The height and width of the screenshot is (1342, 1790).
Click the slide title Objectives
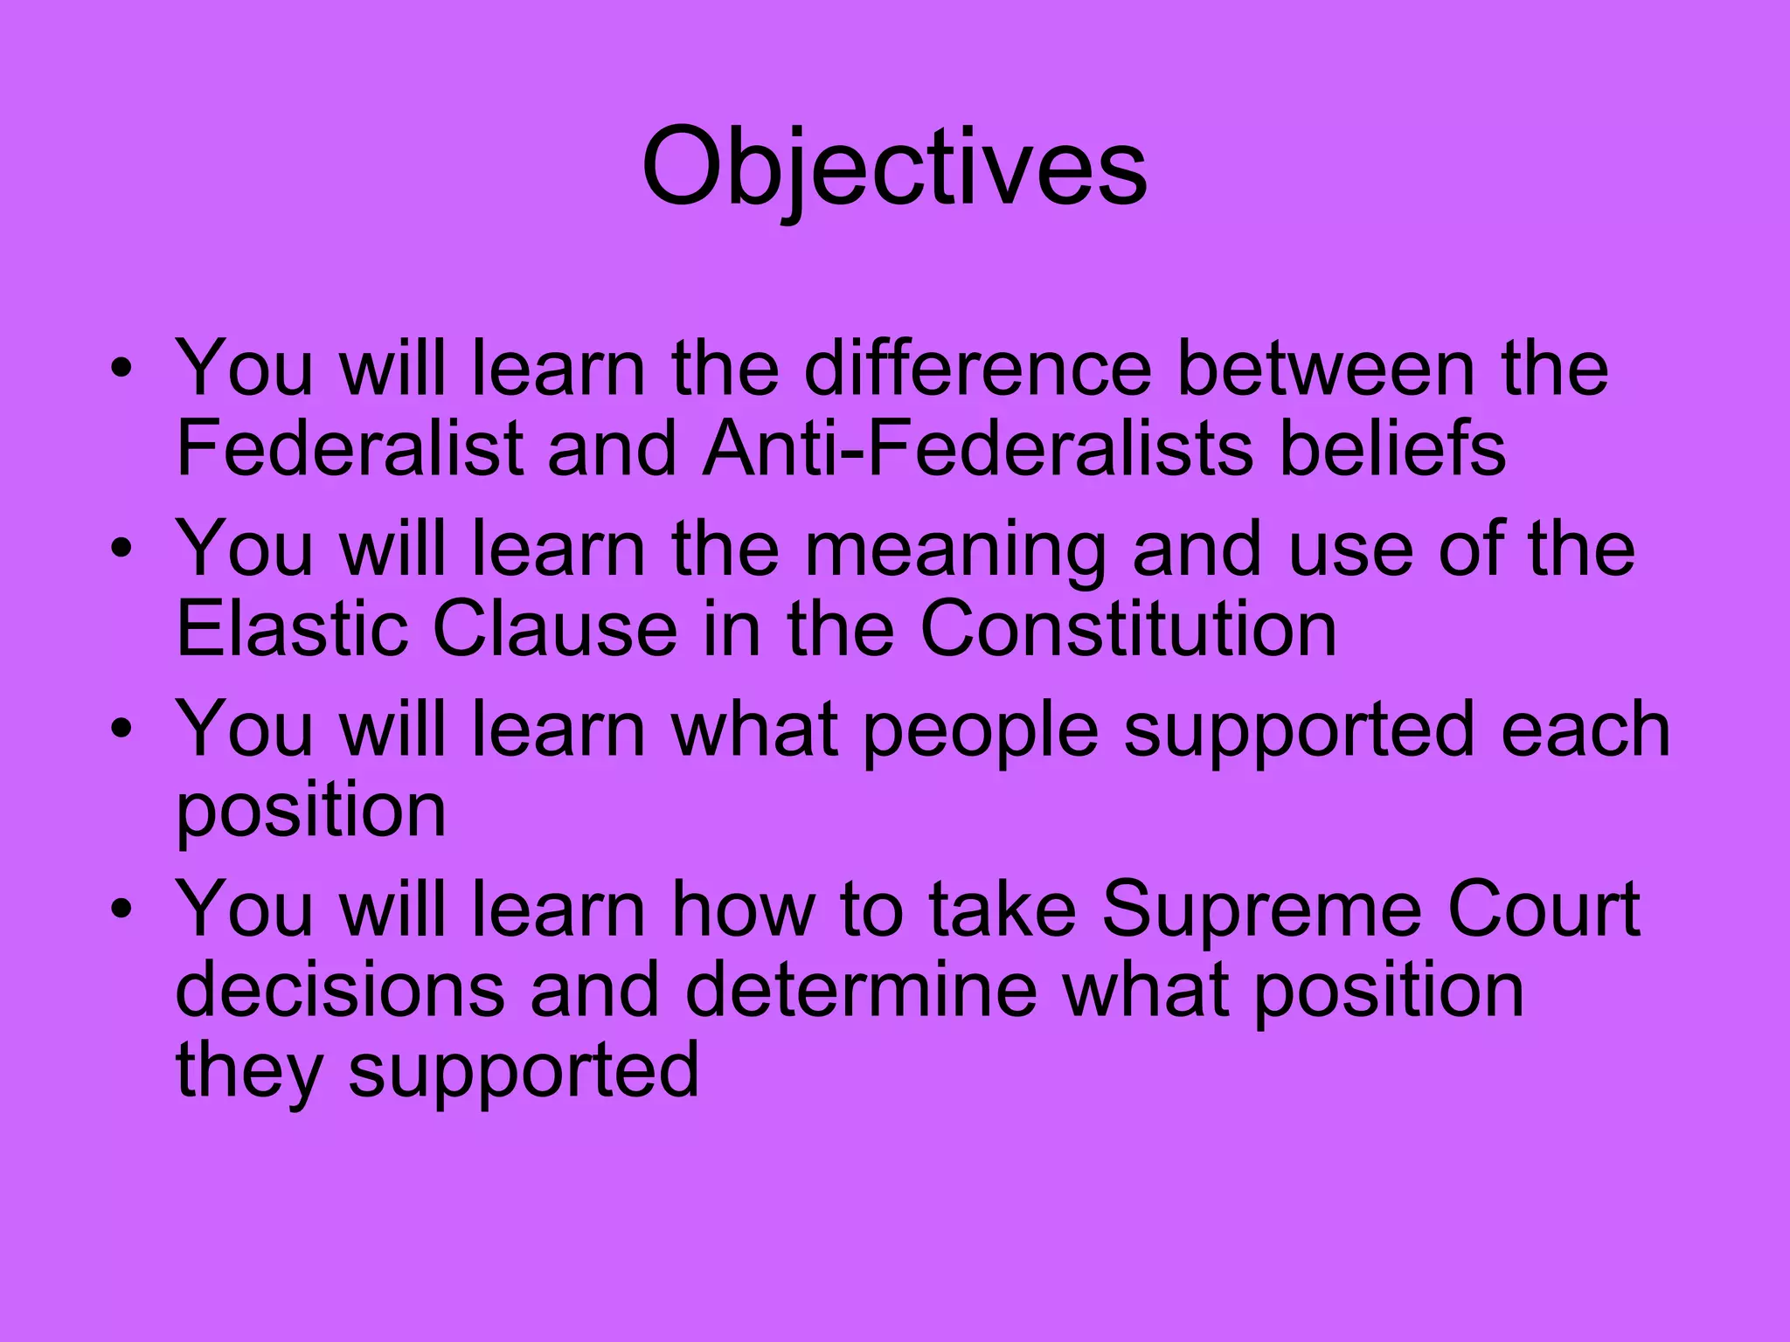tap(894, 168)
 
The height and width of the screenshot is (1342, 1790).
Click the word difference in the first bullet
tap(978, 369)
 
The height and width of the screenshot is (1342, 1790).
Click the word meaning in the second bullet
tap(955, 550)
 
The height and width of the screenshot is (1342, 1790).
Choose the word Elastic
tap(292, 629)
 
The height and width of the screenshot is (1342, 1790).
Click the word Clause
tap(555, 629)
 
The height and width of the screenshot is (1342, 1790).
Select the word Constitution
tap(1128, 629)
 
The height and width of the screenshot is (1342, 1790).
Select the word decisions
tap(340, 990)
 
